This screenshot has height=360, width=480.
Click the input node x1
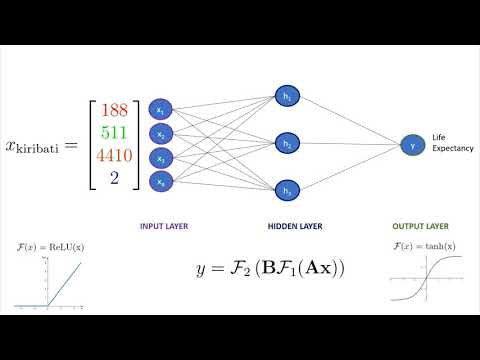coord(159,109)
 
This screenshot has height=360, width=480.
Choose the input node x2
coord(159,133)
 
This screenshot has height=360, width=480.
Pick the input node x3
coord(159,157)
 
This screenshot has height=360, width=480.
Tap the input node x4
coord(159,181)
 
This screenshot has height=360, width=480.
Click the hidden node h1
coord(287,98)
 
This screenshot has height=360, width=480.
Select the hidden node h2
coord(287,144)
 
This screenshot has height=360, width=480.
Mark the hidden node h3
coord(287,190)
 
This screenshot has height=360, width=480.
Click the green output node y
coord(411,144)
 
